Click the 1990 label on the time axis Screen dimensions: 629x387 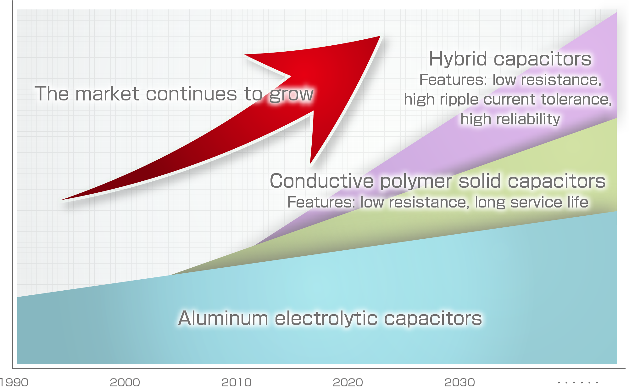coord(14,382)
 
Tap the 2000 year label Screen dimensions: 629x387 coord(125,382)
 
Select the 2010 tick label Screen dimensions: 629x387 coord(237,382)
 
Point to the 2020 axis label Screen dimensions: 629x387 coord(348,382)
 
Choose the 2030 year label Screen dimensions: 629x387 coord(459,382)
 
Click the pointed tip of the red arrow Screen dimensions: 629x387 coord(380,36)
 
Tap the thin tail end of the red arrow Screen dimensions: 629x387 coord(62,200)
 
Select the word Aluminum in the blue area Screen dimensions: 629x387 coord(223,318)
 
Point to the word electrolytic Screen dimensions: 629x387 coord(326,318)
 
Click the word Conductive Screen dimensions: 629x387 coord(322,181)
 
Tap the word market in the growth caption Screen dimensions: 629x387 coord(107,94)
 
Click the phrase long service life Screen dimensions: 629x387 coord(531,202)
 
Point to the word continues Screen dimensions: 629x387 coord(192,94)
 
